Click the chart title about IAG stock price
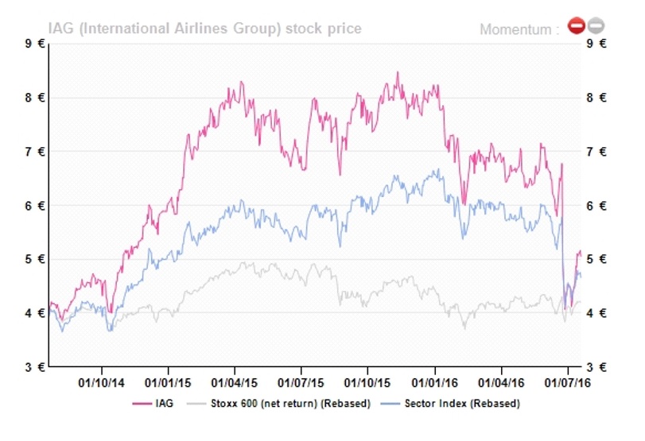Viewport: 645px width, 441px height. click(204, 29)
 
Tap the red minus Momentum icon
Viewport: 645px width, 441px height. click(576, 27)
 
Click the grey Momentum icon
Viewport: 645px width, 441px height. click(595, 27)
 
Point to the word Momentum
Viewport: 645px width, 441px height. click(519, 30)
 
